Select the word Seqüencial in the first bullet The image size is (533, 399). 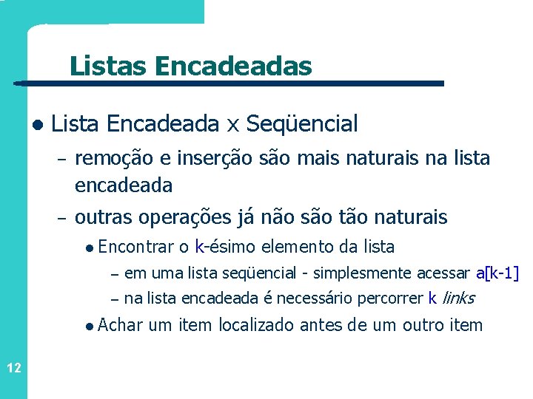[x=302, y=123]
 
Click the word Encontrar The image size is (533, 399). [x=135, y=247]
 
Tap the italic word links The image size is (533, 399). [x=457, y=299]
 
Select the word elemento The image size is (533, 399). [x=298, y=247]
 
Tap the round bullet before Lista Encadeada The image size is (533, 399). [x=37, y=124]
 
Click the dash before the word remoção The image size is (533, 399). [x=61, y=160]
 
